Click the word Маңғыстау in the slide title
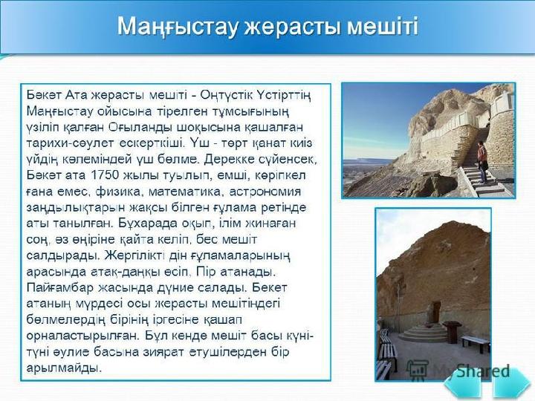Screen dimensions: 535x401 pos(177,27)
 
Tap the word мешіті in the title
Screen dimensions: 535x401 pos(383,26)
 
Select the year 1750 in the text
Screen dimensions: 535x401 pos(105,175)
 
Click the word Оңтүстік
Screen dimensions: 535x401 pos(225,95)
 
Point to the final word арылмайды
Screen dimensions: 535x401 pos(64,368)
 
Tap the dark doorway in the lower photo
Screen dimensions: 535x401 pos(435,312)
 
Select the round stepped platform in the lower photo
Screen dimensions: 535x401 pos(423,333)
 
